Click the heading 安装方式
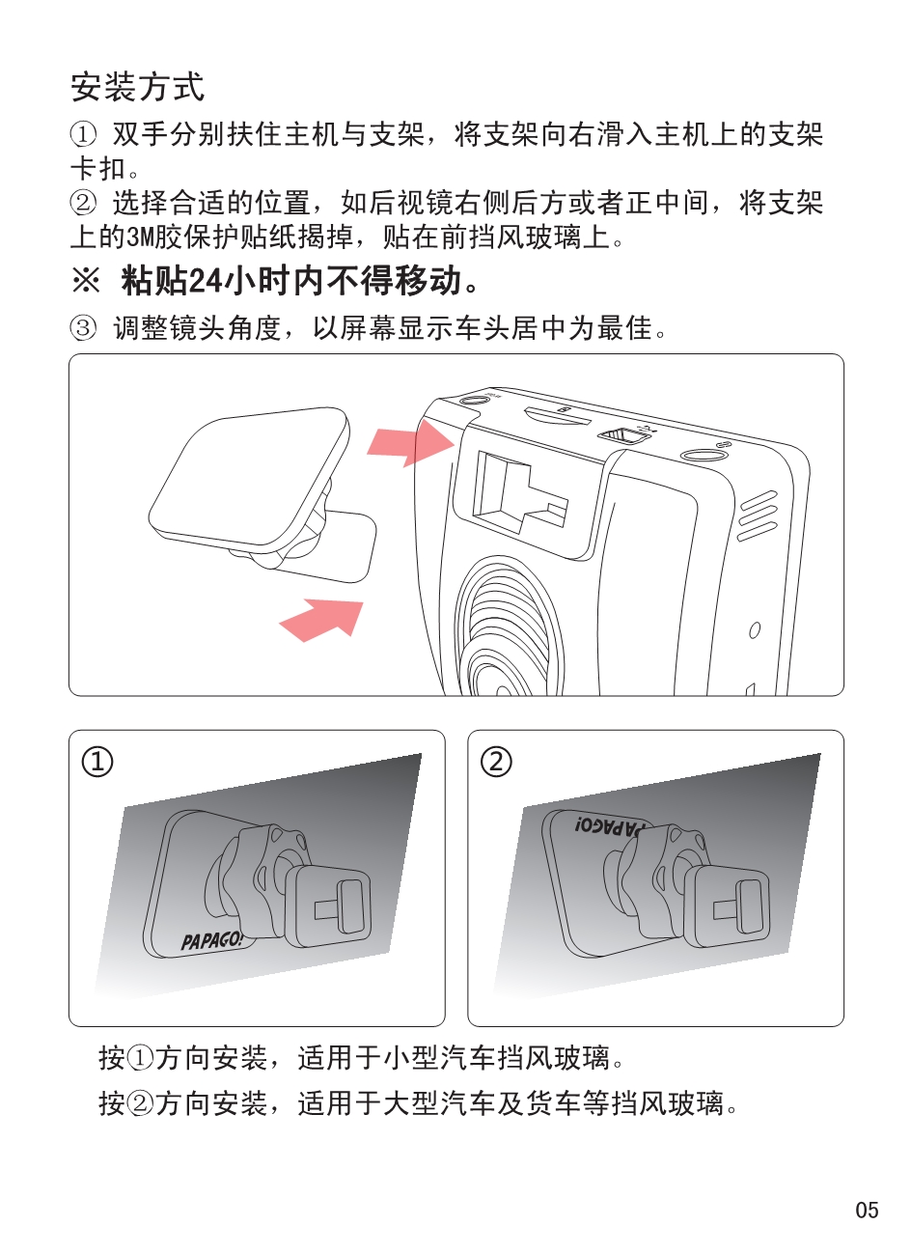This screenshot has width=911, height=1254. [138, 87]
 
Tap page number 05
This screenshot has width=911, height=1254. [867, 1210]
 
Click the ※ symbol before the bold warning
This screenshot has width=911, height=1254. [86, 280]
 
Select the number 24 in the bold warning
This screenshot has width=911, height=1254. [206, 281]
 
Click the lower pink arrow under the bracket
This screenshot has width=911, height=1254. [321, 620]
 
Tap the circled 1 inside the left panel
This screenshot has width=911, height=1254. [97, 762]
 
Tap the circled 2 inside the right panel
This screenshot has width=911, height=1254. [496, 762]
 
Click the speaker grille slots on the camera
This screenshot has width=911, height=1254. [759, 516]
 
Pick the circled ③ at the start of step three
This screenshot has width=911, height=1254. [83, 327]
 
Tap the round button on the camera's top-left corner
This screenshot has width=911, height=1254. [474, 401]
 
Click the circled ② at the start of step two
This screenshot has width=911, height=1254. [83, 202]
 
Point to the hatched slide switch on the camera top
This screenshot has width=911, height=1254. [621, 434]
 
